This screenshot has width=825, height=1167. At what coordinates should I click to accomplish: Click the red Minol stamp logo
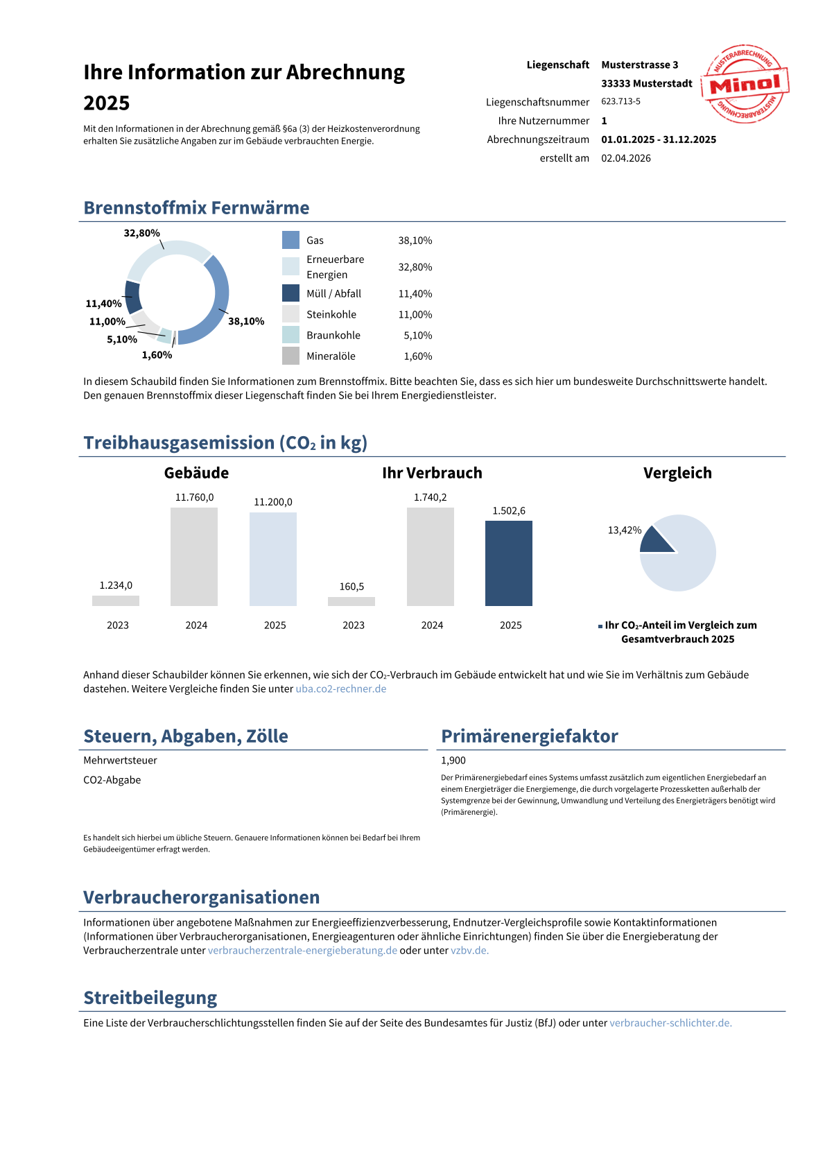point(745,84)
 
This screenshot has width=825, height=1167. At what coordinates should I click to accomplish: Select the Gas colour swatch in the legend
point(290,240)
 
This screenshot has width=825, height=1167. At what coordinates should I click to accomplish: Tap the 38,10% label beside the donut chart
point(246,322)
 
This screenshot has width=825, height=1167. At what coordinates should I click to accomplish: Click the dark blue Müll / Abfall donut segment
point(133,297)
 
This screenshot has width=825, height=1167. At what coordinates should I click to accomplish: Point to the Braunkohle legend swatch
point(290,335)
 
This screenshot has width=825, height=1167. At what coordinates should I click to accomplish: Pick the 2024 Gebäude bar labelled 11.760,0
point(193,556)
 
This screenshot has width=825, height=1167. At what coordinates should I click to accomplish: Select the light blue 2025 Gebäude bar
point(273,559)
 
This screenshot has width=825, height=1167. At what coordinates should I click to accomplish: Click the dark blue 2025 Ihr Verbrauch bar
point(508,563)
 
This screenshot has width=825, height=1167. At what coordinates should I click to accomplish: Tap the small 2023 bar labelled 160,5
point(351,601)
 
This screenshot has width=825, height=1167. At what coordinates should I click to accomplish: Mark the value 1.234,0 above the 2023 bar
point(116,586)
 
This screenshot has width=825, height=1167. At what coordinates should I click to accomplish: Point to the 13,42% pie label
point(625,530)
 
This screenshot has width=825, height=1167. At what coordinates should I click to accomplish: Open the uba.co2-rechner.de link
point(341,689)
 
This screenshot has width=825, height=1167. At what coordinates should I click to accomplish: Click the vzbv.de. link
point(470,950)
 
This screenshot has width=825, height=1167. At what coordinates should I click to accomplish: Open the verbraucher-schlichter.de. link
point(671,1023)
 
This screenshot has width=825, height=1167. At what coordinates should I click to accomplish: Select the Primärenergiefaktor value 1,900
point(453,760)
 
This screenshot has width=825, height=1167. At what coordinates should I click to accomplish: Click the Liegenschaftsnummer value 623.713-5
point(621,102)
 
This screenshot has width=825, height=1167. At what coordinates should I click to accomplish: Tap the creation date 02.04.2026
point(626,158)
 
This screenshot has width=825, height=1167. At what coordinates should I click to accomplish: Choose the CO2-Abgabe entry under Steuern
point(112,780)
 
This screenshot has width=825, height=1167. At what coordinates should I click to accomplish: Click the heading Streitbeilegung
point(150,998)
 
